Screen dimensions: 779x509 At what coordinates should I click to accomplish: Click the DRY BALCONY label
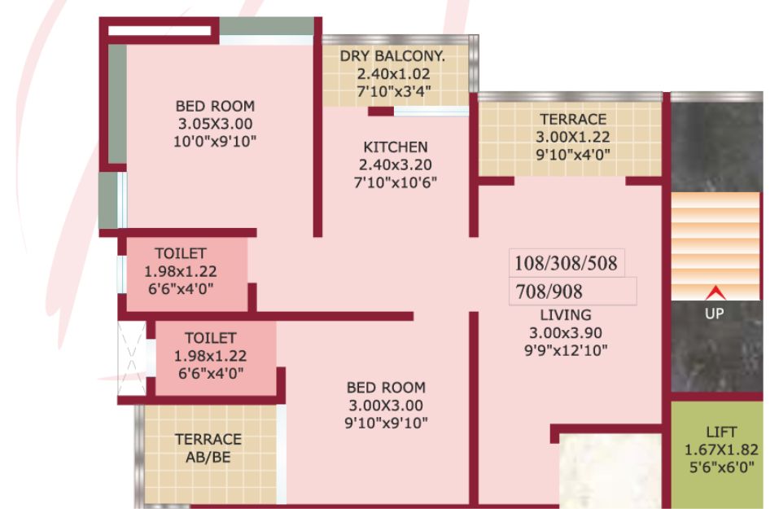tap(392, 56)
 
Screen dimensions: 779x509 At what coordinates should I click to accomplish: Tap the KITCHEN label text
tap(396, 147)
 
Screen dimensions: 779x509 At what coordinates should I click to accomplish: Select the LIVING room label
tap(566, 315)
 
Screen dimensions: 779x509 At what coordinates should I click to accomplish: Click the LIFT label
tap(721, 432)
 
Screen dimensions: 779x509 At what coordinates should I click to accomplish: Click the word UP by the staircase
tap(715, 314)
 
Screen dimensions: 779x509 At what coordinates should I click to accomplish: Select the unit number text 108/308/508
tap(566, 263)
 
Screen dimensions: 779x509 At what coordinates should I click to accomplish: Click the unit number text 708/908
tap(549, 292)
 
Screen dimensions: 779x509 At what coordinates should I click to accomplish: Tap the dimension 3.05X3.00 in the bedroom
tap(215, 124)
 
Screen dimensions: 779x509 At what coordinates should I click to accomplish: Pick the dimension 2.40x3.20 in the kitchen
tap(396, 165)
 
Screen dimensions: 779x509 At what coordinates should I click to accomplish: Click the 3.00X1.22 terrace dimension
tap(573, 137)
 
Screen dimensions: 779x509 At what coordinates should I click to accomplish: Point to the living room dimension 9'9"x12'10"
tap(566, 351)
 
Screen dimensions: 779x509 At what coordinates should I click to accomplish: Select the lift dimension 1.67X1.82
tap(721, 450)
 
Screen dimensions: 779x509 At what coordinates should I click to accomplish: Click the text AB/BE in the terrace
tap(208, 458)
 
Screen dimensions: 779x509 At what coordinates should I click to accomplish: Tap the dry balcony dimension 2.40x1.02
tap(393, 74)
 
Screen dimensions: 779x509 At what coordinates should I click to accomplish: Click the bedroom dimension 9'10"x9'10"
tap(386, 423)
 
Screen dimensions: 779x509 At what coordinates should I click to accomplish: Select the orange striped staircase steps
tap(716, 246)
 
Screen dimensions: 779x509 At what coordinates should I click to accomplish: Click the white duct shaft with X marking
tap(132, 358)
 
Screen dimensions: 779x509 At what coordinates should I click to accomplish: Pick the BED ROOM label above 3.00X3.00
tap(386, 388)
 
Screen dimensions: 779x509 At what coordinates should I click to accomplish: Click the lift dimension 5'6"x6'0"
tap(721, 467)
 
